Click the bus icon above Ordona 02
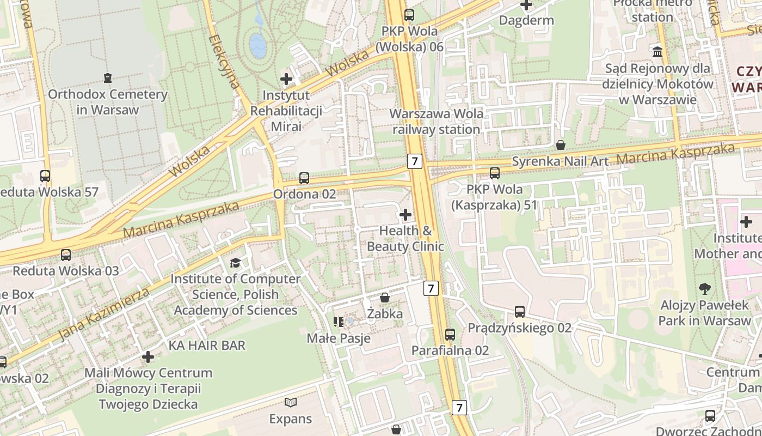(x=304, y=178)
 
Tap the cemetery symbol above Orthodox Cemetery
(x=108, y=78)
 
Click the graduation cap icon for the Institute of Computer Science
(x=235, y=263)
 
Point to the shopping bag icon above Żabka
(x=385, y=298)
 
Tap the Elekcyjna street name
(x=224, y=62)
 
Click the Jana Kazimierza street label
(x=103, y=315)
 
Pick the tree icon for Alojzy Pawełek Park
(x=704, y=289)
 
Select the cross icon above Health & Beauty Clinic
(x=405, y=215)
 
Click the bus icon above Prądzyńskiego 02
(x=520, y=312)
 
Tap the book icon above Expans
(x=291, y=403)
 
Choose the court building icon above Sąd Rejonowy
(x=657, y=52)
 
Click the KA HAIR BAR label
(x=207, y=345)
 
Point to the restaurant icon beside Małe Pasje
(x=339, y=322)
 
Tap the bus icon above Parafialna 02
(x=450, y=335)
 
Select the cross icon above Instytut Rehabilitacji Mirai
(x=286, y=79)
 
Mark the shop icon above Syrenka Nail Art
(x=560, y=145)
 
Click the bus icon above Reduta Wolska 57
(x=45, y=176)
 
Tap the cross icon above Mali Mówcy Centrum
(x=148, y=357)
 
